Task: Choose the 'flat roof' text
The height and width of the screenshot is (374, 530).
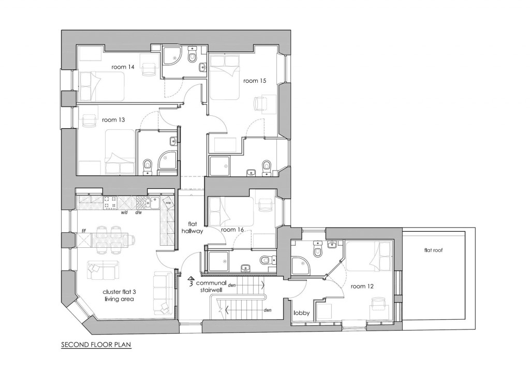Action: pos(434,251)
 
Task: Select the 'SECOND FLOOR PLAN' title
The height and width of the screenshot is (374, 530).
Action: pos(96,343)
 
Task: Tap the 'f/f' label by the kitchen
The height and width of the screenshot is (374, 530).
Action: pos(83,231)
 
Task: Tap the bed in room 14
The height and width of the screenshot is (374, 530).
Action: pos(101,85)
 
